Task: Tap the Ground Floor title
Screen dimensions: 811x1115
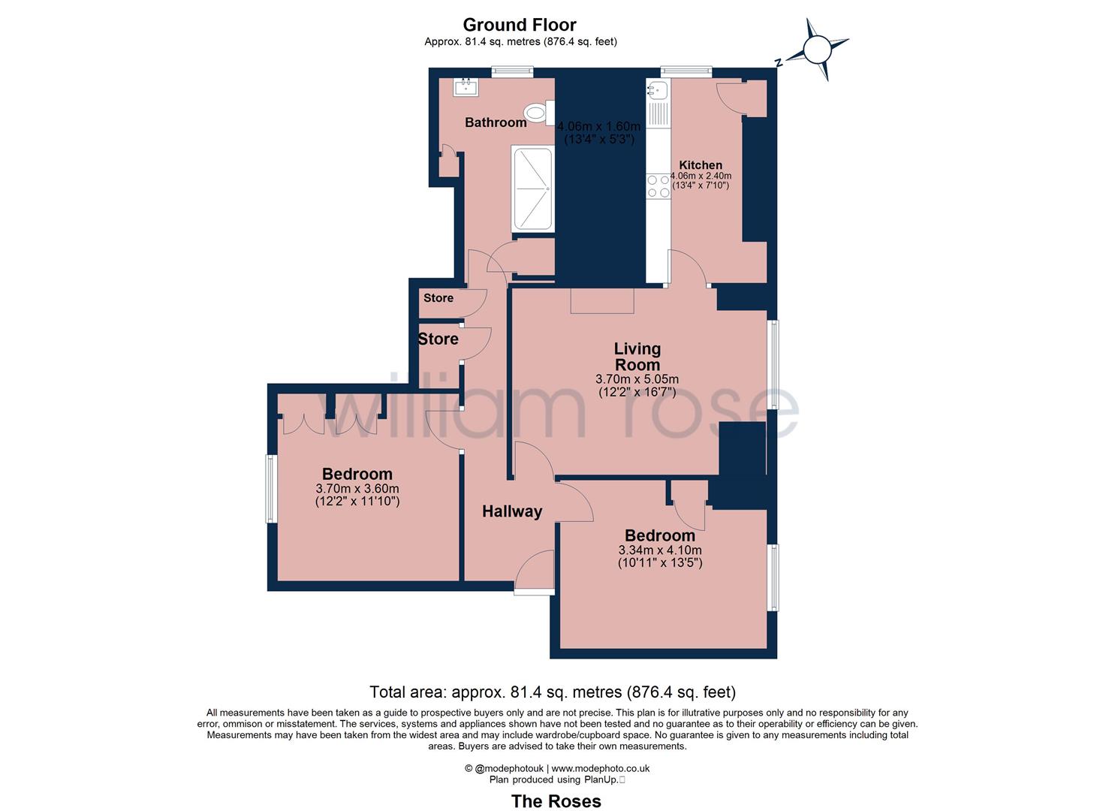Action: tap(520, 25)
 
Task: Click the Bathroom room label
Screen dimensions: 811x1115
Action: tap(496, 122)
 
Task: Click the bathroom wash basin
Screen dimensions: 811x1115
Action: tap(466, 87)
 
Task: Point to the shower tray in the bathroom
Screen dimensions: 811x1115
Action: tap(532, 188)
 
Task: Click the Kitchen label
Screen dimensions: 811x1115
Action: tap(701, 165)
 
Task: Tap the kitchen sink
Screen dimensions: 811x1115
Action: tap(657, 91)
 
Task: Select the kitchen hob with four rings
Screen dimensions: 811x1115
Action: tap(658, 186)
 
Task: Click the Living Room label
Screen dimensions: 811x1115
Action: tap(637, 357)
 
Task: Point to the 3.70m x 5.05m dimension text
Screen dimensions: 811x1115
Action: tap(637, 379)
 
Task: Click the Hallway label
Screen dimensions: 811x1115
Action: tap(512, 511)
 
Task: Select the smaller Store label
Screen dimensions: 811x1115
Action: tap(438, 298)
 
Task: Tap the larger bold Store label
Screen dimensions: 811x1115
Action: tap(438, 339)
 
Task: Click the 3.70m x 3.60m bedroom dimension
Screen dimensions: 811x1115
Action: tap(357, 489)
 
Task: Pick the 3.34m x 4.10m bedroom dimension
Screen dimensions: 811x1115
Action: tap(660, 550)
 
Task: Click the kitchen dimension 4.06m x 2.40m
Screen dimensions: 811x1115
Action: tap(701, 176)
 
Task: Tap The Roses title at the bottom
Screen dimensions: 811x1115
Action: tap(556, 801)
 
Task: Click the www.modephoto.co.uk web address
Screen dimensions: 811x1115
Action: tap(601, 768)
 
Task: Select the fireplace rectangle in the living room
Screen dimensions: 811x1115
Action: tap(602, 300)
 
